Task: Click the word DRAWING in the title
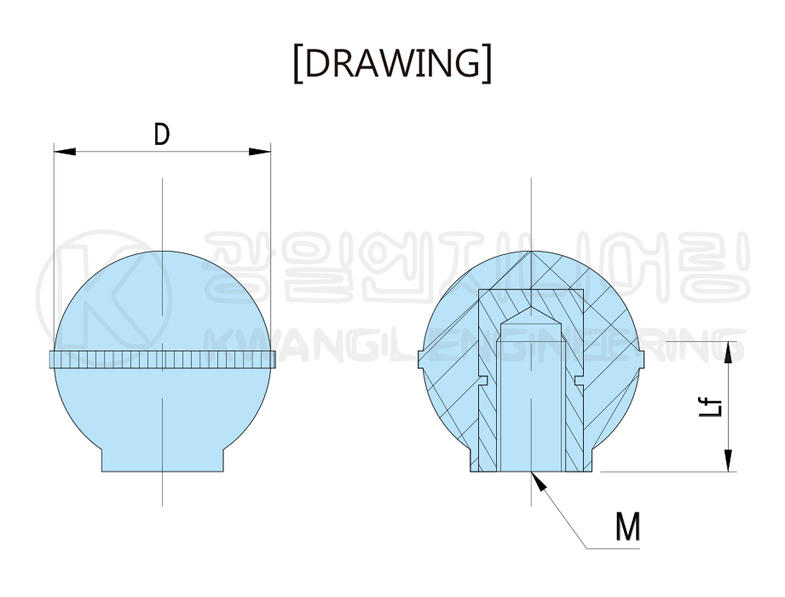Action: click(392, 64)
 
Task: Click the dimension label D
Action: click(162, 134)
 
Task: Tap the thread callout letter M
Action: click(628, 527)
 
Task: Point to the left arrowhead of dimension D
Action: click(65, 151)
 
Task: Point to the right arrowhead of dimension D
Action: click(259, 151)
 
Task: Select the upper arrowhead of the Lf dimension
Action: click(728, 352)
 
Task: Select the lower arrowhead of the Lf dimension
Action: click(728, 461)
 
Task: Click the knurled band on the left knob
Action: click(162, 360)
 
